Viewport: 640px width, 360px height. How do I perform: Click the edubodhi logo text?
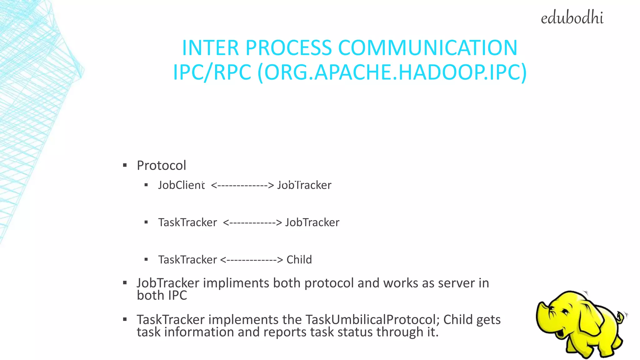click(572, 18)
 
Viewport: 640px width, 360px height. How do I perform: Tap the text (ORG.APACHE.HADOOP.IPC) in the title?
click(392, 72)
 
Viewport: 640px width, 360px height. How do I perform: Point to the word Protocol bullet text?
click(161, 165)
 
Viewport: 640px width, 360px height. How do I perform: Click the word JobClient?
click(181, 185)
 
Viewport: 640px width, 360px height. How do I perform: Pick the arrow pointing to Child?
click(252, 260)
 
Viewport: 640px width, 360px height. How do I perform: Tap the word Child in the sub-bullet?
click(299, 260)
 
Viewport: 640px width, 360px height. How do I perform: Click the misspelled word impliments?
click(236, 283)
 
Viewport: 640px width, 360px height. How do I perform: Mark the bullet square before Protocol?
click(125, 165)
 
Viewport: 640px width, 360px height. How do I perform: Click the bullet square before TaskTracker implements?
click(125, 319)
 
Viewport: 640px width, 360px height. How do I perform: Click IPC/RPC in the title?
click(212, 72)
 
